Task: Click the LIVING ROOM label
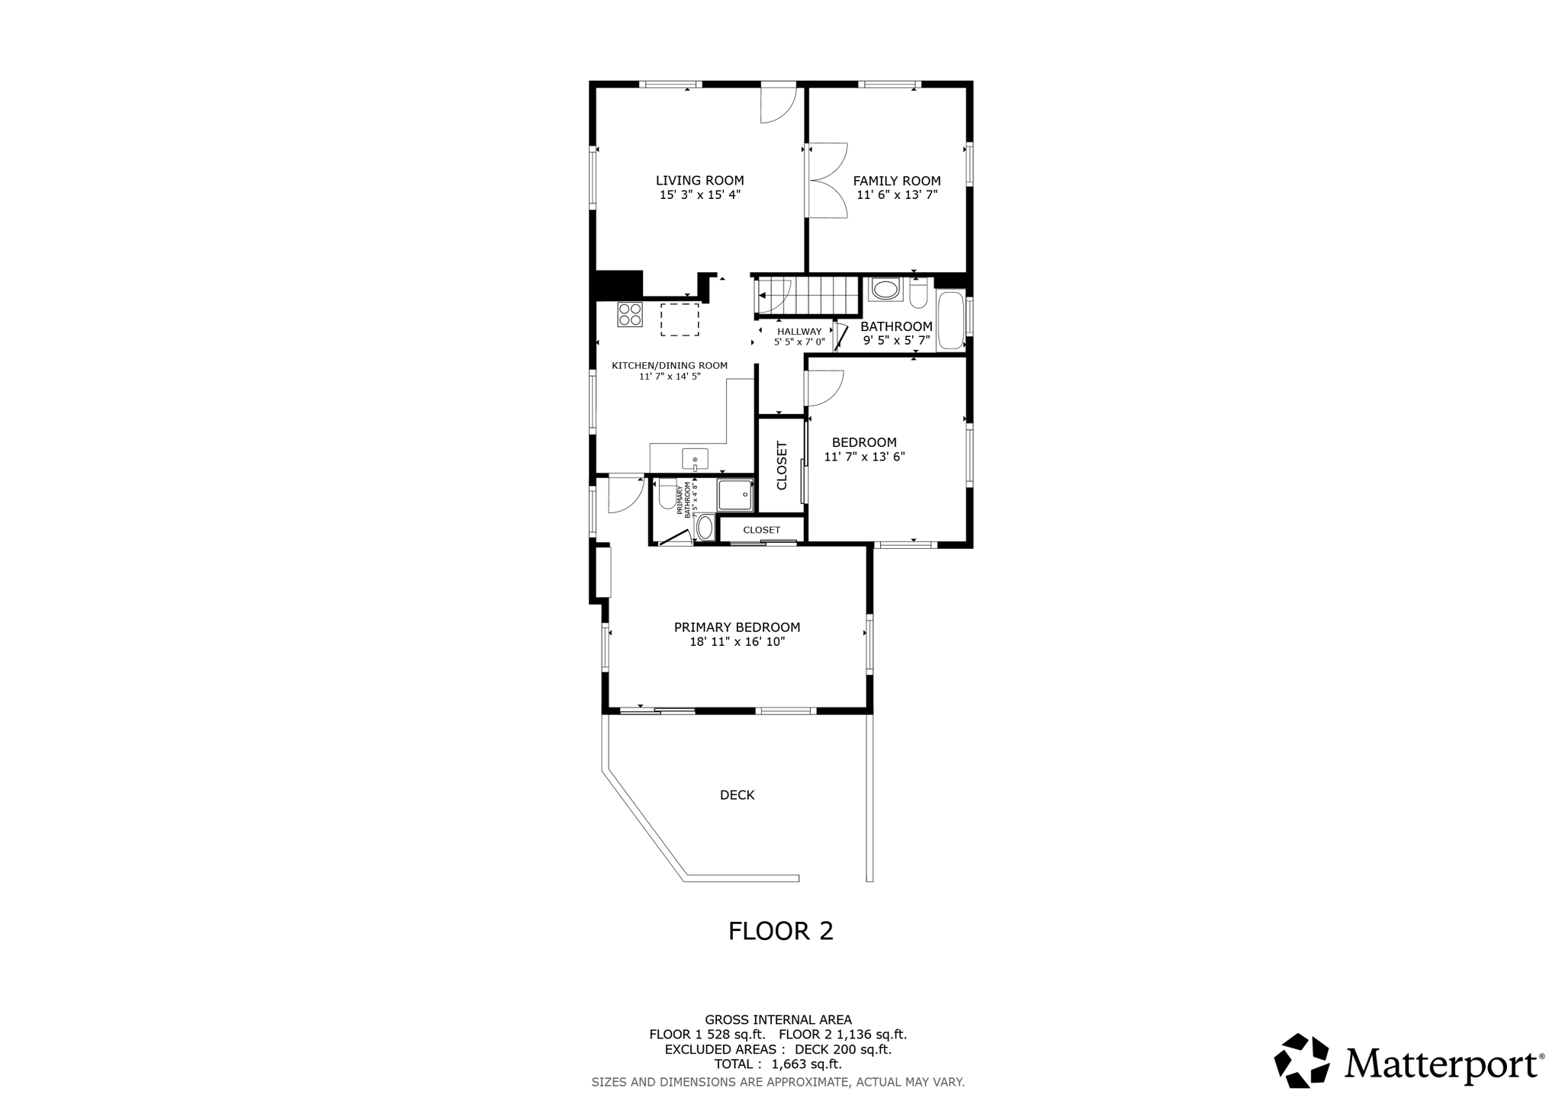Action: pos(699,181)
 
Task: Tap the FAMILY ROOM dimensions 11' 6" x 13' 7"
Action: pos(896,195)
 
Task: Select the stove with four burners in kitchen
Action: pos(629,315)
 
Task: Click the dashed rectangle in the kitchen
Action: pos(680,319)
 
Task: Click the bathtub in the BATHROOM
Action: pos(950,320)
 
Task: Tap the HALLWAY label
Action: pos(799,332)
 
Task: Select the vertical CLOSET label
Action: pos(781,466)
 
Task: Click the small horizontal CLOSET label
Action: pos(761,530)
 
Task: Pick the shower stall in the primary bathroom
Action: pos(735,495)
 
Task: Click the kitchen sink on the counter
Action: pos(695,459)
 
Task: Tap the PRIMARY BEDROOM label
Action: pos(737,627)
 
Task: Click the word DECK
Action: pos(737,795)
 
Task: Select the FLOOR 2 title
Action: pos(780,931)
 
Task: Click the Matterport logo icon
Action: pos(1302,1061)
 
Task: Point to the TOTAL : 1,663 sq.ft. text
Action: pos(777,1064)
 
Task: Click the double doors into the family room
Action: pos(827,181)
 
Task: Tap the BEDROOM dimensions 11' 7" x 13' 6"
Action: pos(864,457)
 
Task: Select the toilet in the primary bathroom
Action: pos(667,493)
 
